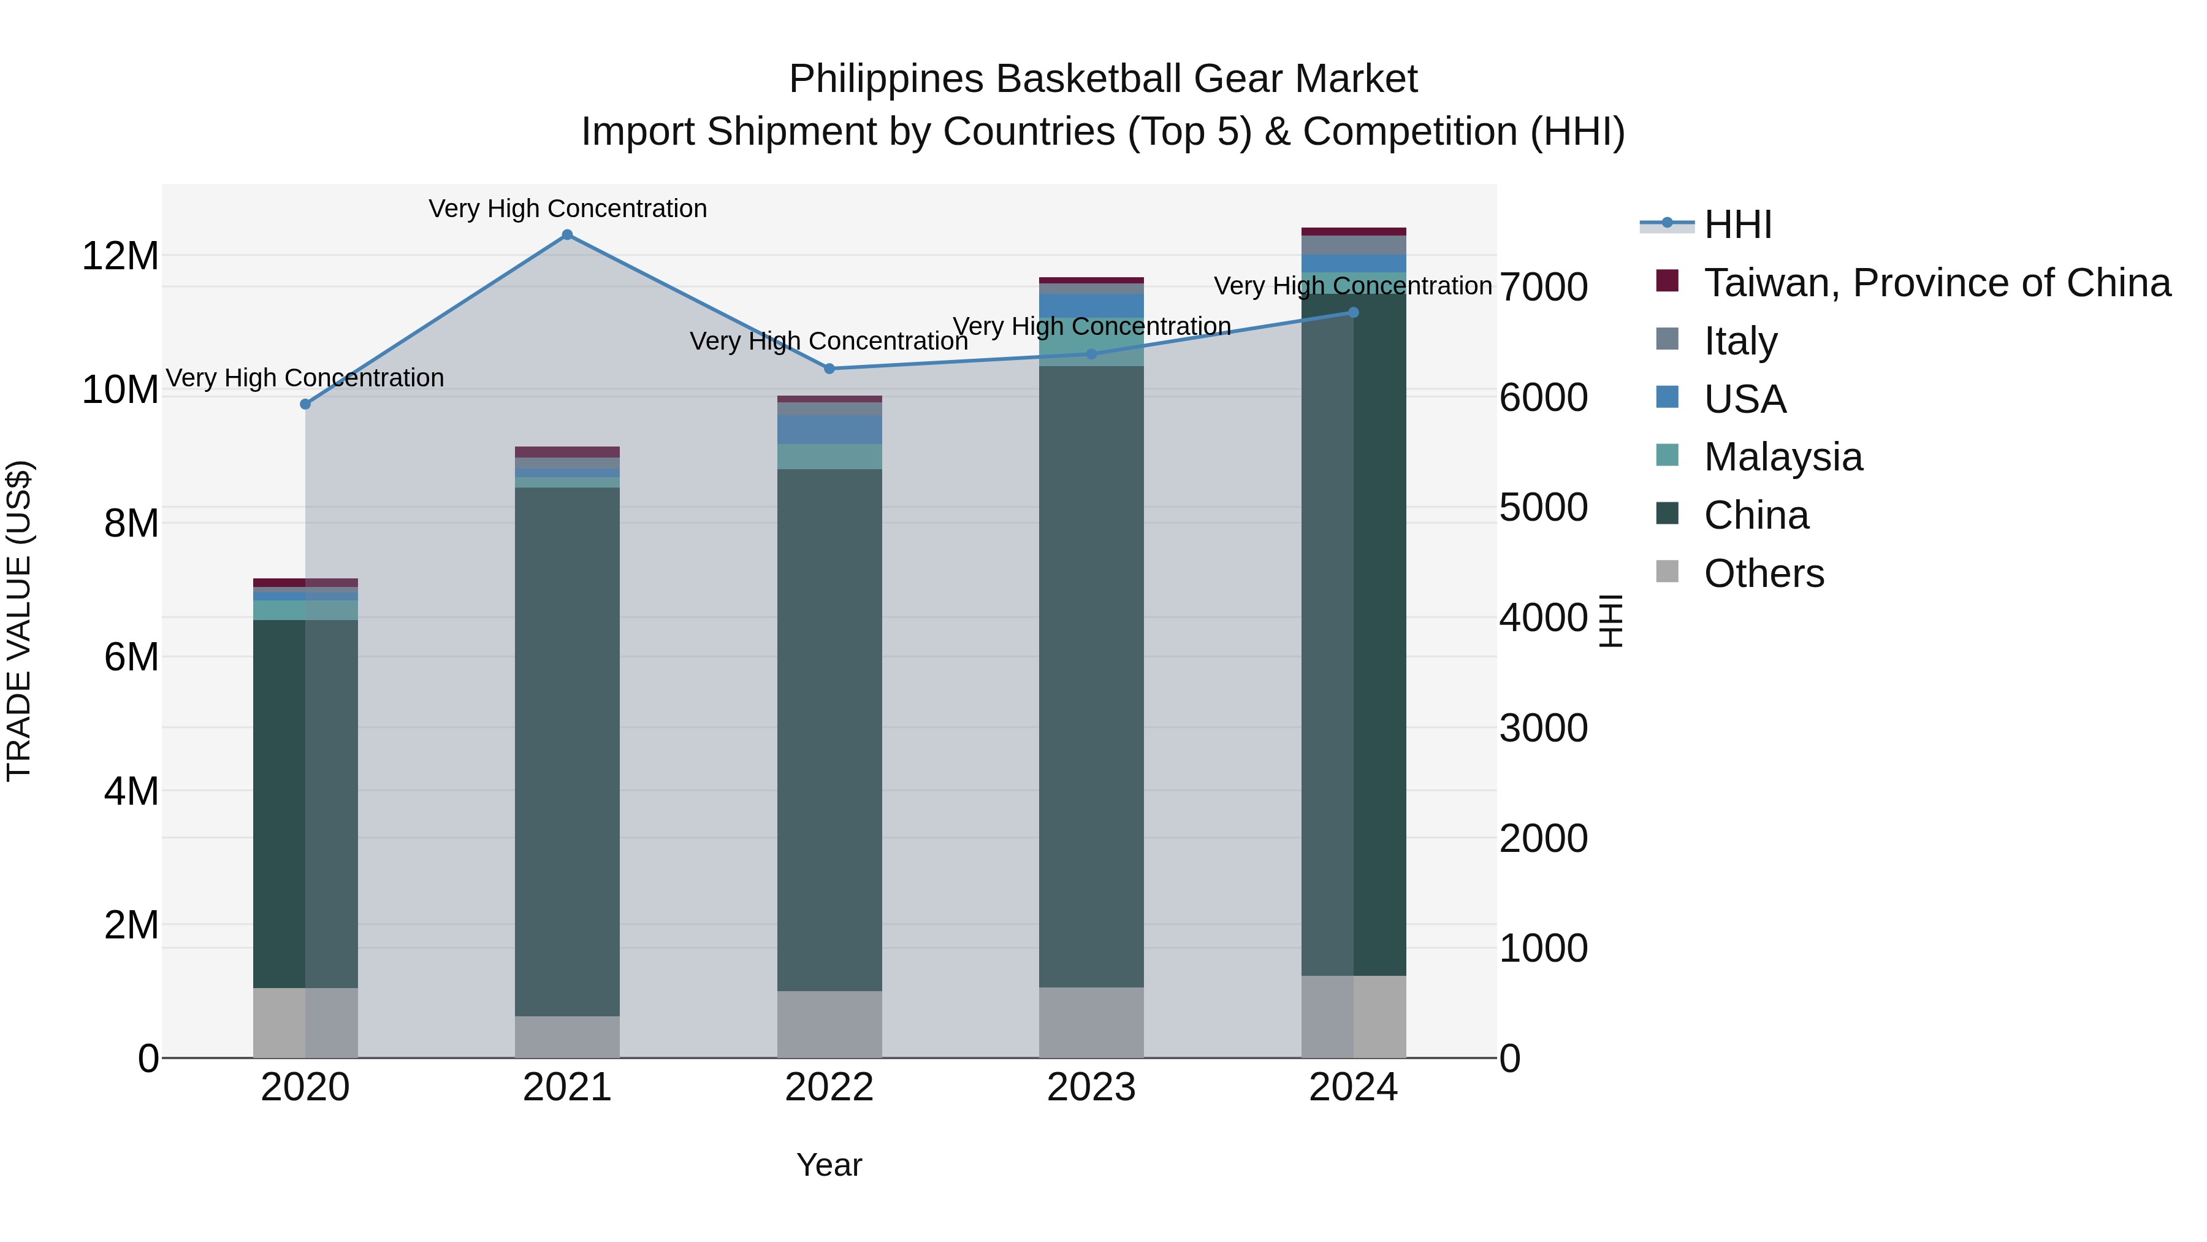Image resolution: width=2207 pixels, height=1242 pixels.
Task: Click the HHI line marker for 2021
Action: pyautogui.click(x=567, y=235)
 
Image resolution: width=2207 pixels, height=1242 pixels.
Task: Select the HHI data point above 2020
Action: pyautogui.click(x=306, y=404)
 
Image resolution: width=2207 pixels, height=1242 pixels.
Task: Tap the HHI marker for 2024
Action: pyautogui.click(x=1354, y=313)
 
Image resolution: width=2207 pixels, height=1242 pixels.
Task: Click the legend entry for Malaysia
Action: pyautogui.click(x=1783, y=457)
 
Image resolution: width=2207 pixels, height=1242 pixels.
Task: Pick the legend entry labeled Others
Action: pyautogui.click(x=1763, y=573)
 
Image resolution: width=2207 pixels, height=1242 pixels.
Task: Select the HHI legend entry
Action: pyautogui.click(x=1737, y=224)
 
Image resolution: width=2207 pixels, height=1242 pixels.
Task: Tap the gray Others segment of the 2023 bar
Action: pyautogui.click(x=1091, y=1022)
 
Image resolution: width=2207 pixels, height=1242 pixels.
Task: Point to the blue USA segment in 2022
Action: pyautogui.click(x=829, y=429)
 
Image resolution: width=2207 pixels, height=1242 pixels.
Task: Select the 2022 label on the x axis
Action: pyautogui.click(x=829, y=1087)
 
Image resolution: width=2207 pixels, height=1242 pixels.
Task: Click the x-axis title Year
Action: pyautogui.click(x=829, y=1165)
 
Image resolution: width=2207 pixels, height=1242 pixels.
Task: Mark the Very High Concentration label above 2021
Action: pyautogui.click(x=567, y=209)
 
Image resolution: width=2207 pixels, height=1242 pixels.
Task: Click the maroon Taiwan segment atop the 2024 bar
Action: pyautogui.click(x=1354, y=231)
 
